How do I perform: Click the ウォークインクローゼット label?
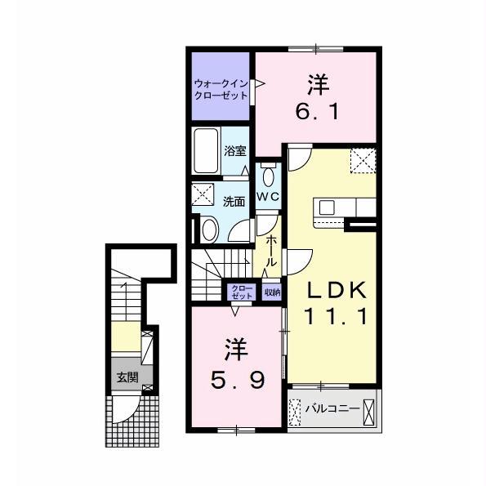pos(221,89)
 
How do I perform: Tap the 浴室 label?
pos(235,151)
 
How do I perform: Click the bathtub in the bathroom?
pos(206,151)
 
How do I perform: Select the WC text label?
pos(268,197)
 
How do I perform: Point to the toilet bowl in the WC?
pos(267,176)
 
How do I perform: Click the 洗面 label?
pos(234,202)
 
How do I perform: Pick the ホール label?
pos(271,251)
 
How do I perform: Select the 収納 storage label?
pos(272,292)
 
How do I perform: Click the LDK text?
pos(337,291)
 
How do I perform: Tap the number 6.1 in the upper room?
pos(317,111)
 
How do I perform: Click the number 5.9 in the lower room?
pos(238,381)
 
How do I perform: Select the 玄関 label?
pos(127,377)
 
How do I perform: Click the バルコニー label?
pos(332,408)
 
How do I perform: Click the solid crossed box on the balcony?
pos(369,412)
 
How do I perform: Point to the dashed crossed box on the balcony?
pos(294,412)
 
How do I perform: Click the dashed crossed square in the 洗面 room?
pos(203,194)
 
